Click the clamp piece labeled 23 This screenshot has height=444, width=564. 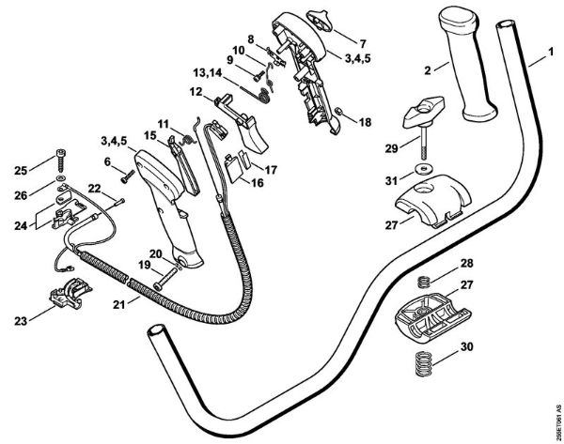pos(68,296)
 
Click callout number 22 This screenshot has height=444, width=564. pos(95,188)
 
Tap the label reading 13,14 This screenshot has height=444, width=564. pos(208,74)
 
